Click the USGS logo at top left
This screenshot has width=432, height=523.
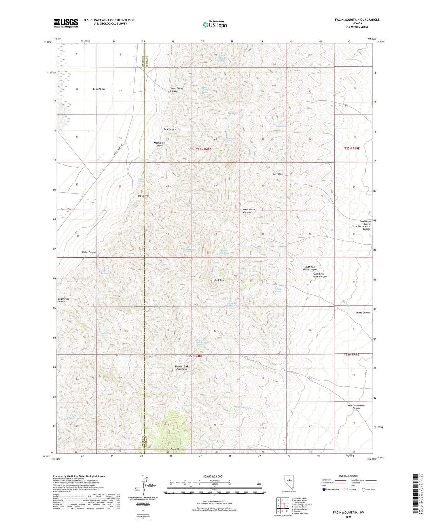[x=66, y=23]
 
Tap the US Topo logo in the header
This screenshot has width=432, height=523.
[x=215, y=25]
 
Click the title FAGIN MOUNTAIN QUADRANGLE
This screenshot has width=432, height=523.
[x=357, y=20]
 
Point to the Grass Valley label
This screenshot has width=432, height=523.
[x=99, y=89]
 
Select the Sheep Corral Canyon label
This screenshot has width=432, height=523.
[x=177, y=90]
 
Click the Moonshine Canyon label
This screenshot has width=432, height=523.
[x=159, y=144]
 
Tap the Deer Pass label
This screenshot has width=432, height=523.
[x=278, y=174]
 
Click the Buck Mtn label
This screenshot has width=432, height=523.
[x=219, y=280]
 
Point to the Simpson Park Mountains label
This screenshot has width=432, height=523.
[x=181, y=368]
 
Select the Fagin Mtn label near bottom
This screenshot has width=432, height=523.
[x=176, y=449]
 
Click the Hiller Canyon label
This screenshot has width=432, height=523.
[x=89, y=252]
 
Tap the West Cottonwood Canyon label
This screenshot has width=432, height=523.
[x=356, y=407]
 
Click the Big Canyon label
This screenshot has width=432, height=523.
[x=143, y=196]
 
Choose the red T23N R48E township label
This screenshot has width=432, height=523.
[x=204, y=149]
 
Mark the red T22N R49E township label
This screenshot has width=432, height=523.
[x=351, y=355]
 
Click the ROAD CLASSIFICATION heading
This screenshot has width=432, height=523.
[x=348, y=476]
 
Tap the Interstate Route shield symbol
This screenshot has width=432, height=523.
[x=324, y=490]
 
